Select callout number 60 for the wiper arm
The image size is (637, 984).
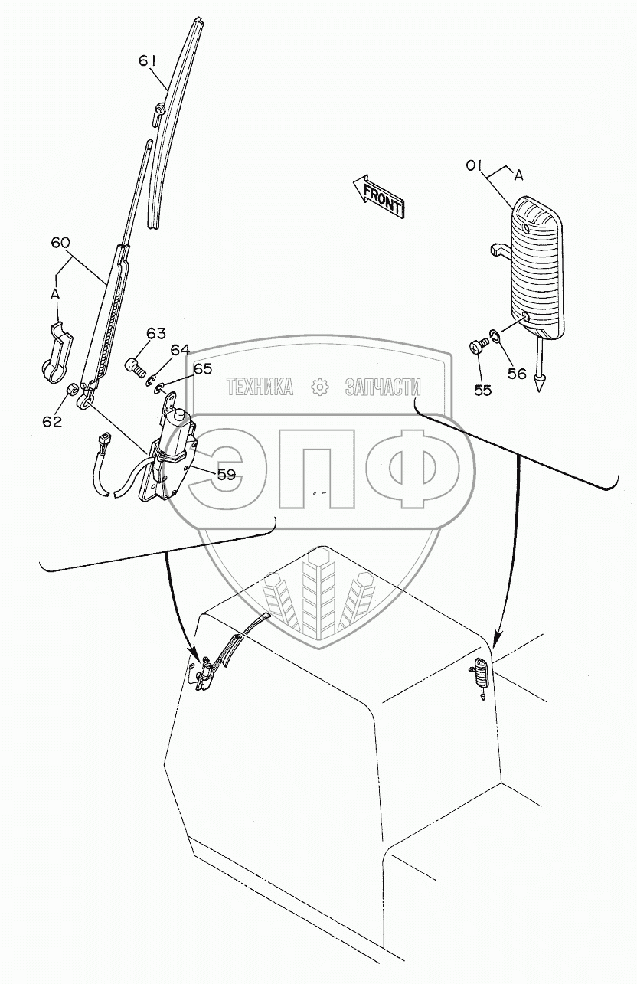(x=60, y=243)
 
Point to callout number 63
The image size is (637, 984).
(x=156, y=333)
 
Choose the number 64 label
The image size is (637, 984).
(x=180, y=351)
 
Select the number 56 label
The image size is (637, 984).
(x=518, y=373)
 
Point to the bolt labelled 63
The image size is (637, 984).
(x=136, y=366)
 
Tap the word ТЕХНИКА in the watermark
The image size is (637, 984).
(x=260, y=387)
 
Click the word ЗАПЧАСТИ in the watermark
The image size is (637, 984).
(x=383, y=387)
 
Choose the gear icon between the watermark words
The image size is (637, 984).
(x=319, y=387)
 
